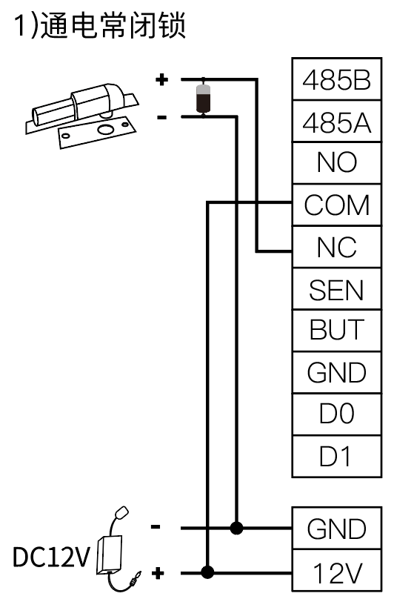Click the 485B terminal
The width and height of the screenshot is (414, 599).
(x=336, y=79)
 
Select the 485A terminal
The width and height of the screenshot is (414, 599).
(x=336, y=122)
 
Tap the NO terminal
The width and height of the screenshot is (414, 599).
(x=336, y=164)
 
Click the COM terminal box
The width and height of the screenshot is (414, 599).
(x=336, y=205)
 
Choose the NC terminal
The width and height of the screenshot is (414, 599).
(x=336, y=247)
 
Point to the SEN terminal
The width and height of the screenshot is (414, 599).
(x=336, y=289)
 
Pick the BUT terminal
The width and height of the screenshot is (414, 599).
(x=336, y=331)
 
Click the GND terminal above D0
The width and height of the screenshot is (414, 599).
(x=336, y=373)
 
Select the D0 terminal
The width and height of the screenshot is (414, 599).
(x=336, y=414)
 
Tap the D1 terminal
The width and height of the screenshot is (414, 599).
(x=336, y=457)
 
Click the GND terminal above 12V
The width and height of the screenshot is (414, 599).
(x=336, y=529)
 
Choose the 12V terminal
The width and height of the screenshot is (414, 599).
(x=336, y=572)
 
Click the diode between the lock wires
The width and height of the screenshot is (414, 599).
(x=203, y=99)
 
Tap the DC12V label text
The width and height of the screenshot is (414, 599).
(x=51, y=557)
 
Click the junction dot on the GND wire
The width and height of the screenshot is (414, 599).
(x=236, y=529)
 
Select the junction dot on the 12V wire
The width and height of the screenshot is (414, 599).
(x=207, y=572)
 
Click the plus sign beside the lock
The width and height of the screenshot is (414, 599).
(x=161, y=79)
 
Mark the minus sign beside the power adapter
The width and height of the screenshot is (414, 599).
(x=156, y=527)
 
